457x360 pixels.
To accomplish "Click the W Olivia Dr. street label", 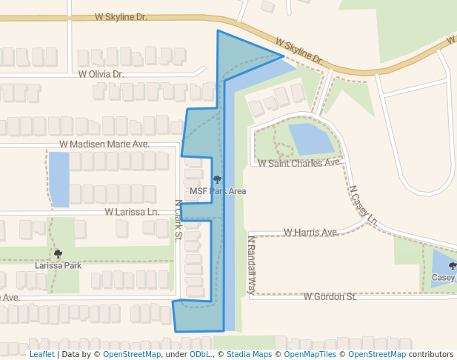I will [x=101, y=74].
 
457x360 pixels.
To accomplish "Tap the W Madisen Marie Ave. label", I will [x=104, y=144].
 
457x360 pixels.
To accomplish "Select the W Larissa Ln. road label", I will [x=132, y=212].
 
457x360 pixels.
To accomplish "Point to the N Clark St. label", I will [x=179, y=220].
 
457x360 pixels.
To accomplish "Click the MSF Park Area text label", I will [x=218, y=191].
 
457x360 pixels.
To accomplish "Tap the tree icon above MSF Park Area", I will [x=217, y=179].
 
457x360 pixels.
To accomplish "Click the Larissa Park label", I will [x=58, y=264].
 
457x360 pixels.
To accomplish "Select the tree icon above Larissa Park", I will [x=58, y=253].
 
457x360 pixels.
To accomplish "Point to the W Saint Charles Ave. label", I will [x=299, y=162].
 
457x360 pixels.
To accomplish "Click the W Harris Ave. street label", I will [x=311, y=233].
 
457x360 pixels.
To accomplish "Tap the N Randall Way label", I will [x=251, y=265].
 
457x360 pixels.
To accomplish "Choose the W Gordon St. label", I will [x=330, y=296].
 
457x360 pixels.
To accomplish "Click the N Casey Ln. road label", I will [x=364, y=205].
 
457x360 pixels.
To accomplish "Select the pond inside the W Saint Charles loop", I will [x=312, y=139].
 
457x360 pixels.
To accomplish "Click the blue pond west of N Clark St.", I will [x=59, y=179].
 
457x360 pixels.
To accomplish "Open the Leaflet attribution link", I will [x=41, y=354].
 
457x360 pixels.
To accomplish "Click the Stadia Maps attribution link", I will [x=247, y=354].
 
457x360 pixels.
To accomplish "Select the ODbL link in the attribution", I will [x=200, y=354].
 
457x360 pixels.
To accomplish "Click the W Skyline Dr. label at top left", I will [x=121, y=16].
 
